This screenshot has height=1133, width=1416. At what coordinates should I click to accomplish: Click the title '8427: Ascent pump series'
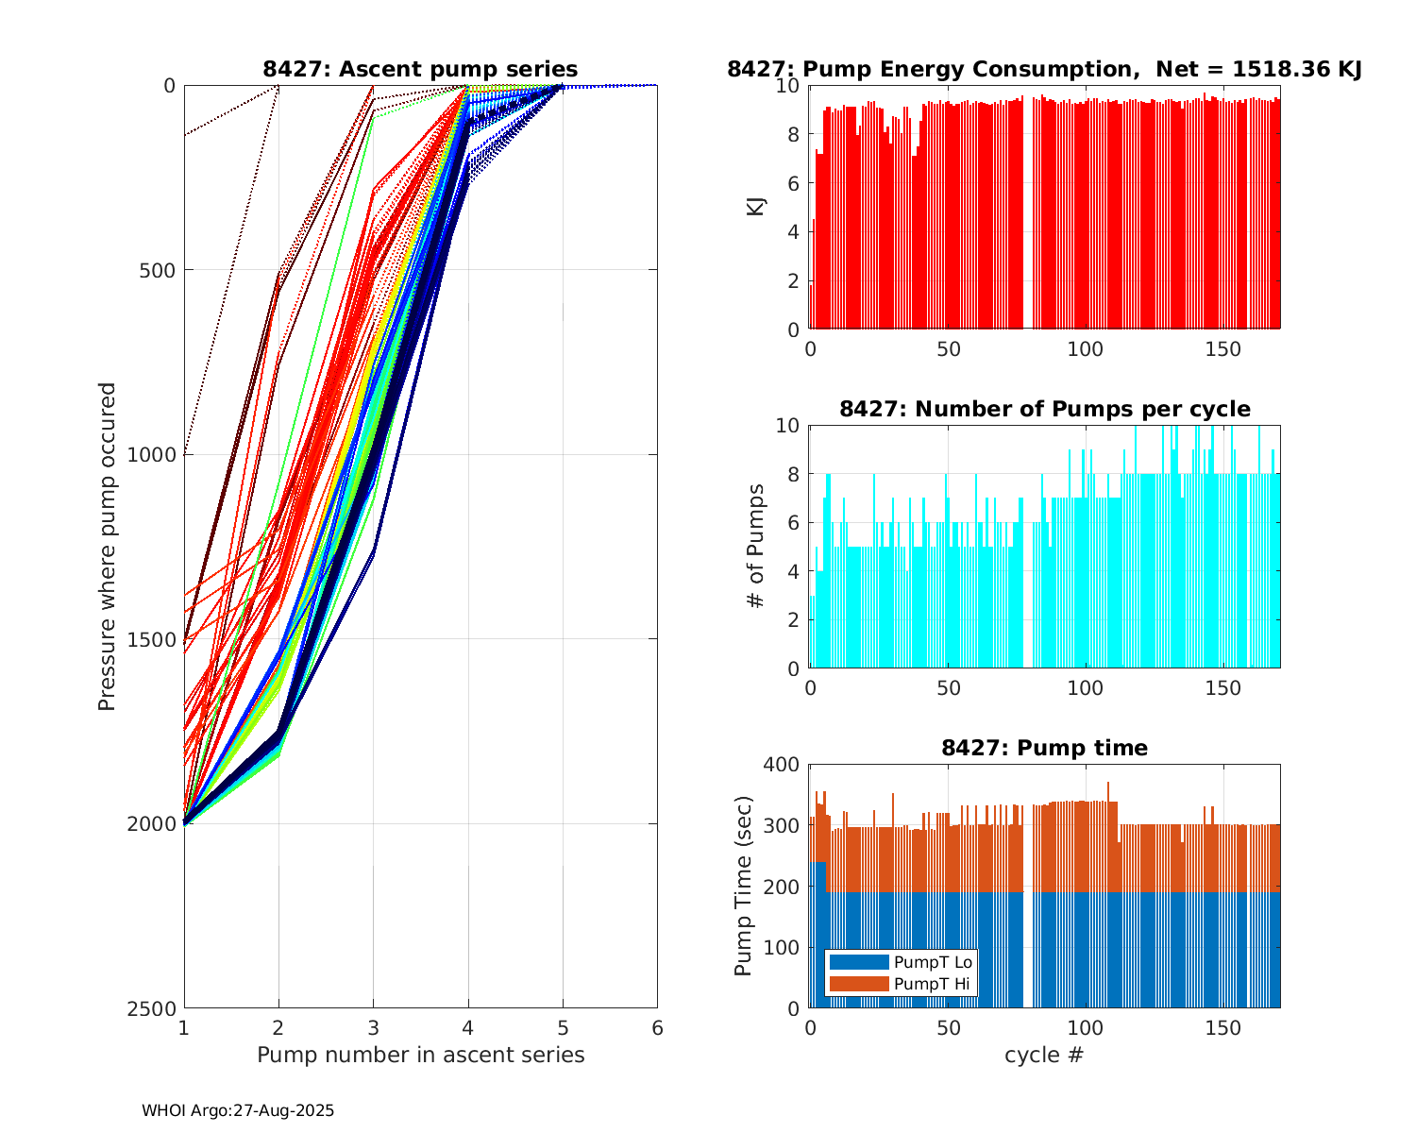click(420, 69)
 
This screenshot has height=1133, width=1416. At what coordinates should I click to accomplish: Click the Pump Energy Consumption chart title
click(1044, 69)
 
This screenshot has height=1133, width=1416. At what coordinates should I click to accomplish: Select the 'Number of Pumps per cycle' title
click(1044, 409)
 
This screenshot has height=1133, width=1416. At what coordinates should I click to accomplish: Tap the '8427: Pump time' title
click(1044, 748)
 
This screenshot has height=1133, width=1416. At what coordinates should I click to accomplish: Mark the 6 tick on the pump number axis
click(657, 1027)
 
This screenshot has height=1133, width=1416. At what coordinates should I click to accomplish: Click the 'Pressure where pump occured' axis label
click(107, 547)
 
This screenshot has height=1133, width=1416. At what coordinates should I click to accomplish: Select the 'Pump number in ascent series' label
click(420, 1055)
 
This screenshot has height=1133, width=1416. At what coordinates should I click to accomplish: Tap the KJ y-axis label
click(755, 207)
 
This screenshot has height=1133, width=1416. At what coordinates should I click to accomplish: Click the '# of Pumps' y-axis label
click(755, 546)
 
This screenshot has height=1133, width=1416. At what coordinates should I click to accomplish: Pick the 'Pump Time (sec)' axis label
click(744, 886)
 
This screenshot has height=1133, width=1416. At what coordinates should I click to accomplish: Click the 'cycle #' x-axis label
click(1044, 1055)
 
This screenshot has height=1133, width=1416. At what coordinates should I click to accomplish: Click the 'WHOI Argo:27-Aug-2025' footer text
click(238, 1111)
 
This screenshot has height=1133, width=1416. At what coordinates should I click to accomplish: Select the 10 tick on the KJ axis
click(789, 86)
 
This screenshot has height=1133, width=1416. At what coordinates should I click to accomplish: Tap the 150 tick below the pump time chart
click(1223, 1027)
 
